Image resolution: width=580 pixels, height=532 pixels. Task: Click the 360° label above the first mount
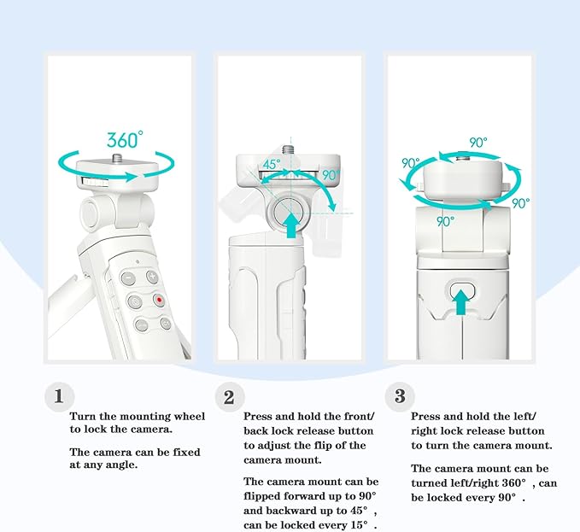(125, 139)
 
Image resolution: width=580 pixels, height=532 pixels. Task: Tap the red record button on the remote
(159, 300)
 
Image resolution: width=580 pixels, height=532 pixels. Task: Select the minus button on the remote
(128, 278)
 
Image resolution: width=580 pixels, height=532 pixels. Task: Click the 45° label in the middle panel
(271, 164)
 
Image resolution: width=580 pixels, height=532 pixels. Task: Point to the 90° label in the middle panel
(331, 174)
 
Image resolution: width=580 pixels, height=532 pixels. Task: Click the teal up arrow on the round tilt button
(292, 225)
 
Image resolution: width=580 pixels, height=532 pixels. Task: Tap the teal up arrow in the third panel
(461, 302)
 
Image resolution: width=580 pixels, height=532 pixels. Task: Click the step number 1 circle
(59, 396)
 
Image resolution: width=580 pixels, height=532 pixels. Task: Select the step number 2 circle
(229, 397)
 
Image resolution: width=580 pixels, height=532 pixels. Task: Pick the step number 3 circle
(400, 396)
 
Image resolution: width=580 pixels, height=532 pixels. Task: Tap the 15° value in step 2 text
(359, 525)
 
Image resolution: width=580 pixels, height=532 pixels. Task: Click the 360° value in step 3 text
(514, 482)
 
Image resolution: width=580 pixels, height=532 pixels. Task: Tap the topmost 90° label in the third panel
(478, 143)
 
